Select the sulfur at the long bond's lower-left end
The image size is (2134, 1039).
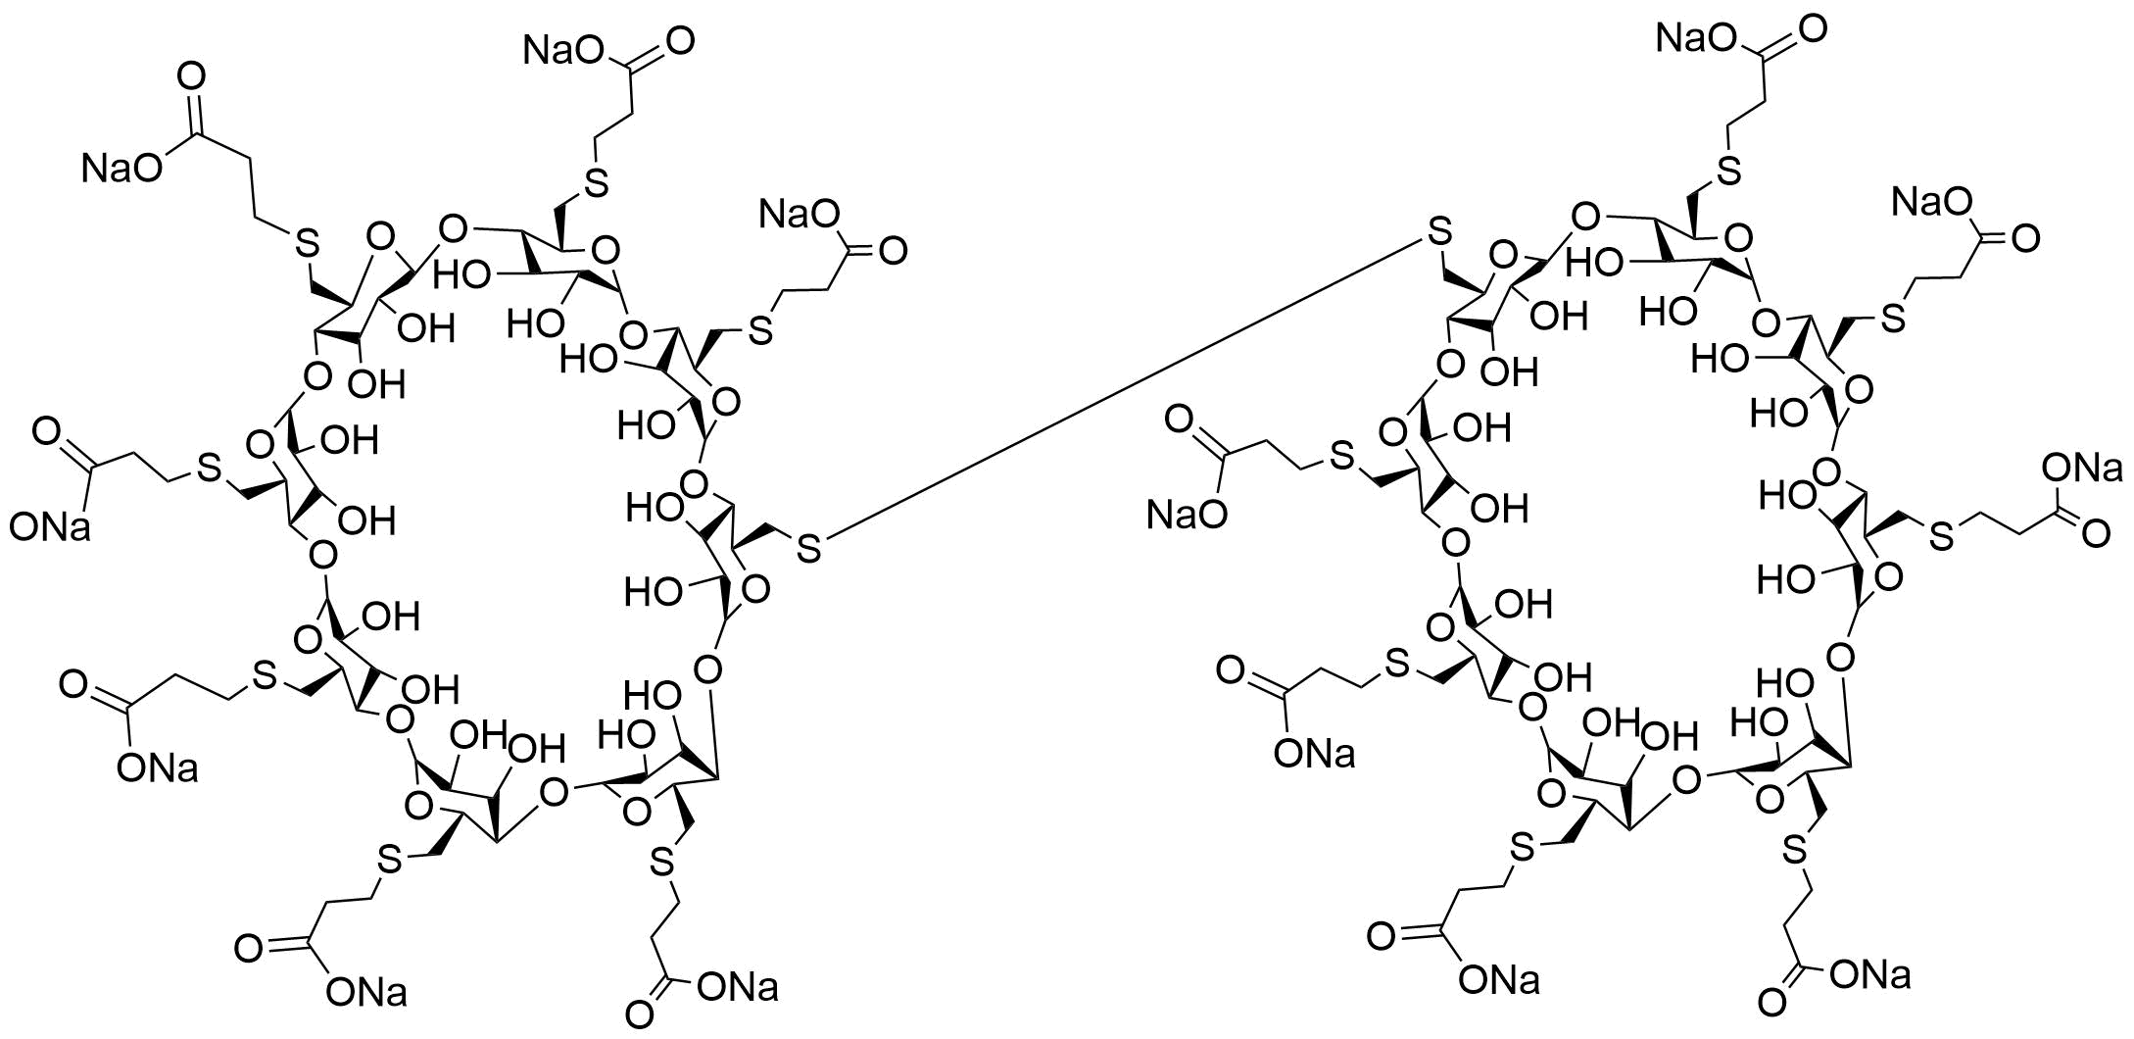[x=808, y=548]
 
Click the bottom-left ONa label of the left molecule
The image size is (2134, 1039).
[x=366, y=993]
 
